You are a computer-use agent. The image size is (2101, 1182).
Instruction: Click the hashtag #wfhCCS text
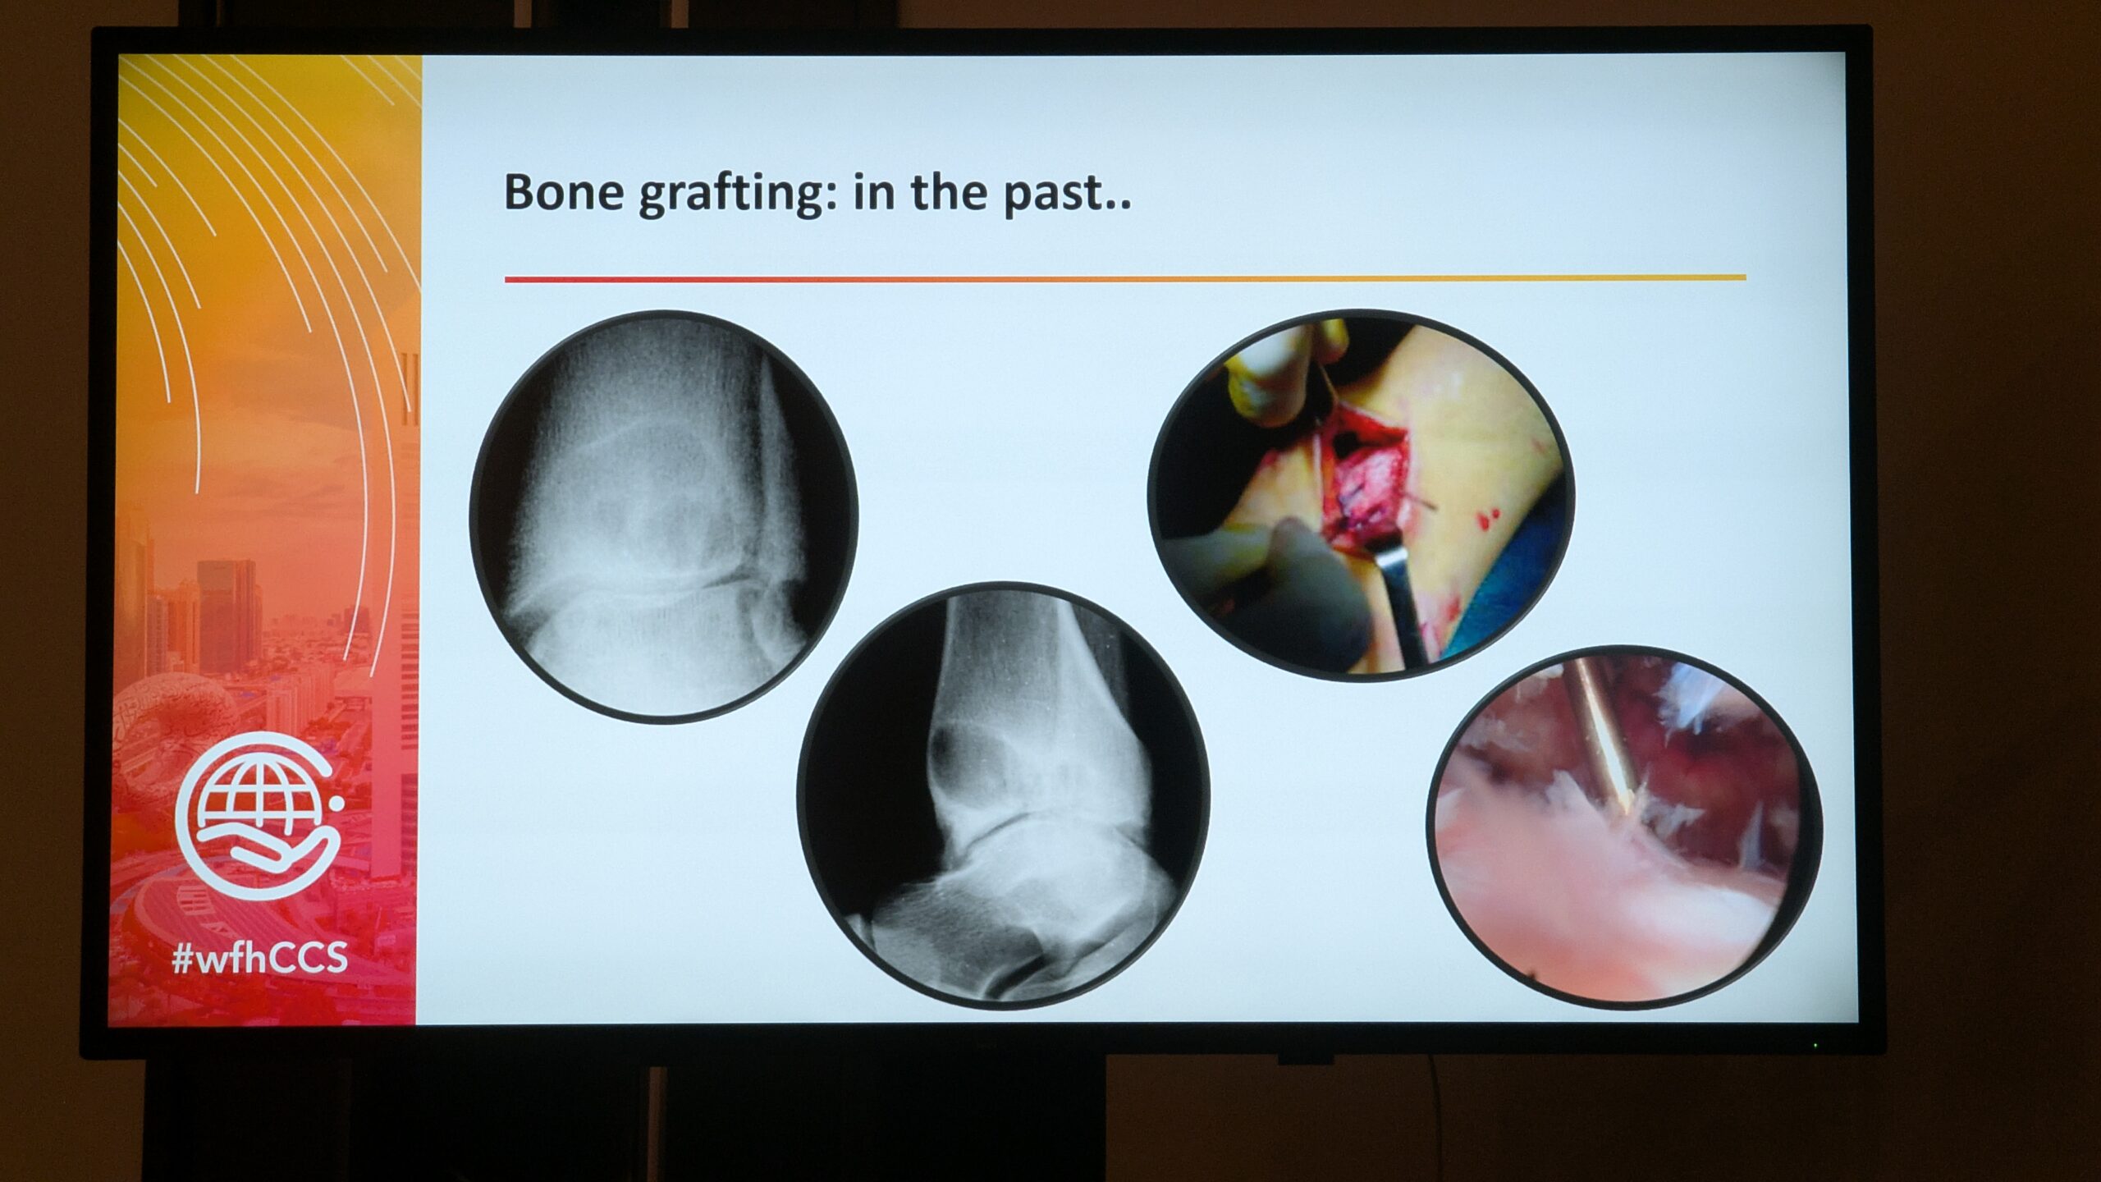coord(259,958)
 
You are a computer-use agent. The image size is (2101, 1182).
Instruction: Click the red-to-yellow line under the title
coord(1125,278)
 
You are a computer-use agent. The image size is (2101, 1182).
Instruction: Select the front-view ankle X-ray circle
coord(663,517)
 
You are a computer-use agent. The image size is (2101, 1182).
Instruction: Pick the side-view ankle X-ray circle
coord(1003,795)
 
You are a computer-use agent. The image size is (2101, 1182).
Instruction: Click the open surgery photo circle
coord(1360,494)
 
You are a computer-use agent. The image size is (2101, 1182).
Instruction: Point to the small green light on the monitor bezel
coord(1815,1046)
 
